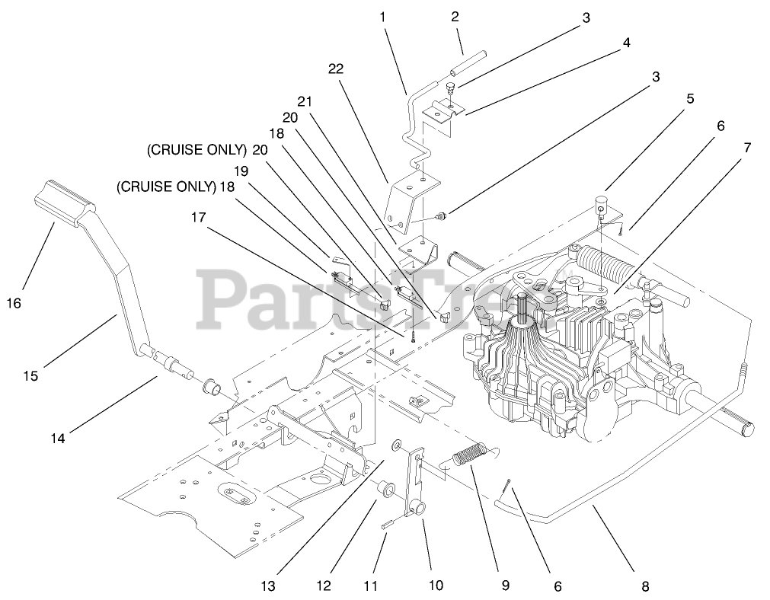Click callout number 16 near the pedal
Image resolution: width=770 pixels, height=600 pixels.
click(x=13, y=302)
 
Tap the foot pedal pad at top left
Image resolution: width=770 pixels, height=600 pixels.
click(x=64, y=202)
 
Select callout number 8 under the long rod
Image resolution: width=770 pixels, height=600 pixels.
click(x=645, y=586)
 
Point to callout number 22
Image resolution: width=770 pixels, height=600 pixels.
click(x=336, y=68)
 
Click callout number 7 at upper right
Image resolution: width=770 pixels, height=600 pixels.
click(x=747, y=148)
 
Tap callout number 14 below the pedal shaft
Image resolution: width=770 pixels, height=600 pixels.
click(x=59, y=437)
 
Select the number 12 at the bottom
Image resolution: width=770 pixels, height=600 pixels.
click(x=324, y=586)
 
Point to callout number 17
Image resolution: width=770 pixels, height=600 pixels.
click(x=198, y=218)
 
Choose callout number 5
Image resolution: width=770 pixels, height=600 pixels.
click(x=689, y=98)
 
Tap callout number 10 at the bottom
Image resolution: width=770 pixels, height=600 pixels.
click(x=436, y=586)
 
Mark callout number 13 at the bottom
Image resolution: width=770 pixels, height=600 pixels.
click(x=267, y=586)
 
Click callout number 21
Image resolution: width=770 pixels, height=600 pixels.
click(x=305, y=101)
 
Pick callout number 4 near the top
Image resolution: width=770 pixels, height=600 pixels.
click(x=625, y=43)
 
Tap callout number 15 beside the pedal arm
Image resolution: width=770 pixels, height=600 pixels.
click(x=30, y=375)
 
